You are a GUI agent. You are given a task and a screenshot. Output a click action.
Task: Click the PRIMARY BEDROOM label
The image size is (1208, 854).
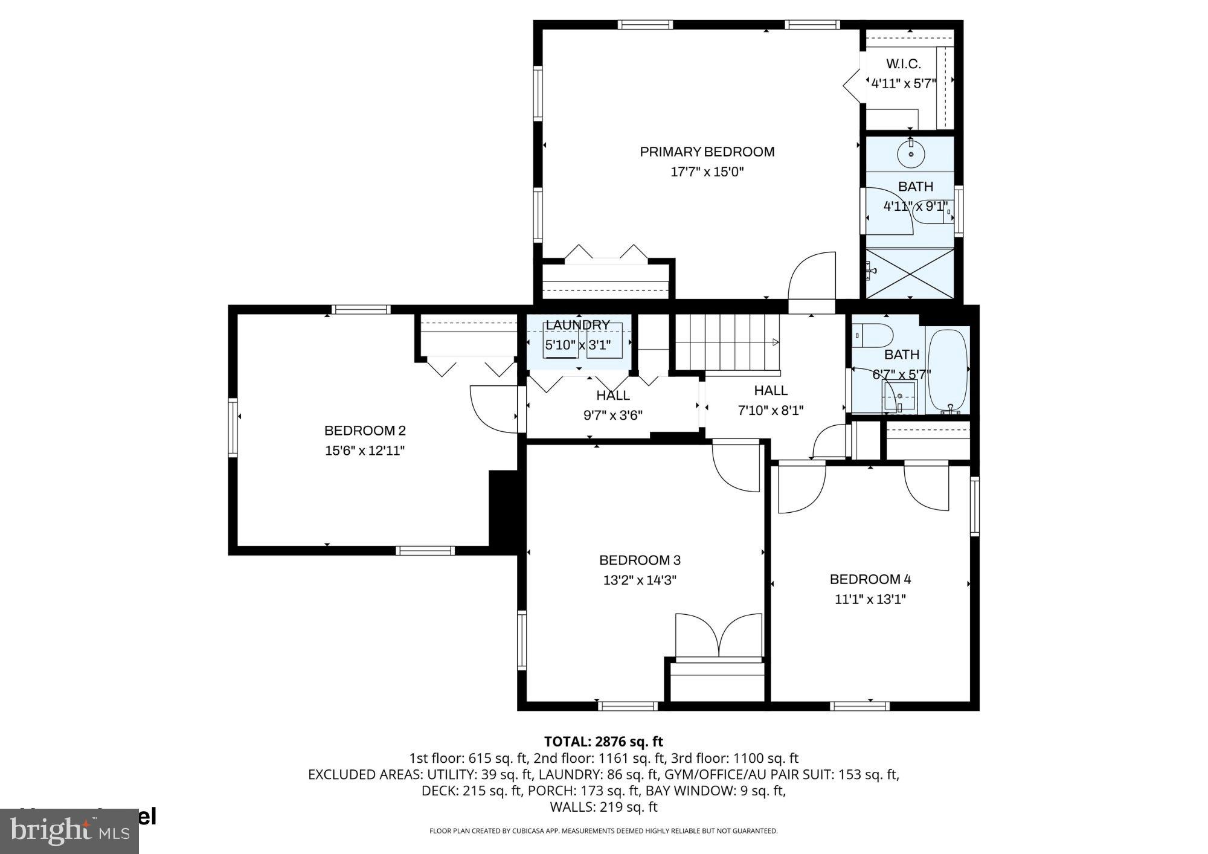coord(707,152)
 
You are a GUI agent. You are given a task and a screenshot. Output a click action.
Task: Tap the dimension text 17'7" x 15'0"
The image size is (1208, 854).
coord(707,172)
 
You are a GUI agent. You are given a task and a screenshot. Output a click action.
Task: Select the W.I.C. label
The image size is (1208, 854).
coord(903,64)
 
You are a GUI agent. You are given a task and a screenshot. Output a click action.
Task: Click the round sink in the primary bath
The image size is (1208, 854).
coord(911,154)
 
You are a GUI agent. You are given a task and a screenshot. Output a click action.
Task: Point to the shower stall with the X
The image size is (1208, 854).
coord(910,274)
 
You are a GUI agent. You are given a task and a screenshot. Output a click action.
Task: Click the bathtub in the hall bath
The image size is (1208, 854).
coord(948,370)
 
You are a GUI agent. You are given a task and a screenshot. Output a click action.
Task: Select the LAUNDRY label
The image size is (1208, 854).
coord(577,325)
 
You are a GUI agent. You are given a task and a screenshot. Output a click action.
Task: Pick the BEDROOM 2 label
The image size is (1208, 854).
coord(365,431)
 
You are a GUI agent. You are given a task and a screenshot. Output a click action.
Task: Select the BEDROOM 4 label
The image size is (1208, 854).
coord(870,579)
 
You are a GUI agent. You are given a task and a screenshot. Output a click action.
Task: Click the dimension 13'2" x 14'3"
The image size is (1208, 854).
coord(640,580)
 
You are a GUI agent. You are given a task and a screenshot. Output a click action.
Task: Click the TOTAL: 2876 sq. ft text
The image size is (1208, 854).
coord(603,742)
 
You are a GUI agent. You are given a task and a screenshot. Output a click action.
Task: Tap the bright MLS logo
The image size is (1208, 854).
coord(69,831)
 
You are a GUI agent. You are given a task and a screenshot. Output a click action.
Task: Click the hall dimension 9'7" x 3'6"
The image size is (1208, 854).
coord(612,415)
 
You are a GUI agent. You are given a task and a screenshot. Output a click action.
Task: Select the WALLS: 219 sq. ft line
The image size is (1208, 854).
coord(603,807)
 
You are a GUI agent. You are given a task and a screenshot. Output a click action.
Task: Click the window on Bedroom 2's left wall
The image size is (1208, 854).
coord(233,427)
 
